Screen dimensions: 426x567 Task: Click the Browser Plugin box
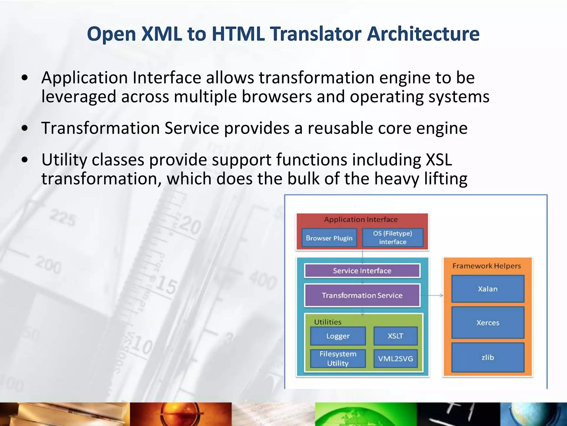(329, 238)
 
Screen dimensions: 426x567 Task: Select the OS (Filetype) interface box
(393, 238)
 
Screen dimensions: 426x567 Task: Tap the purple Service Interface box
(362, 271)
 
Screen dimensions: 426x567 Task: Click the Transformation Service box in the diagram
(362, 295)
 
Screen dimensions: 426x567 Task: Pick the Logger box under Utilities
(338, 336)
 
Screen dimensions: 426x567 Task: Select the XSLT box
(395, 336)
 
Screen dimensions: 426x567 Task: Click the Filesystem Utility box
(338, 359)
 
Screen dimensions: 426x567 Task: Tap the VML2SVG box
(395, 359)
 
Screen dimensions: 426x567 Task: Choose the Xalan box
(488, 289)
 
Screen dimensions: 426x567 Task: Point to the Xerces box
(488, 323)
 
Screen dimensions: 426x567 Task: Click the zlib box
(488, 357)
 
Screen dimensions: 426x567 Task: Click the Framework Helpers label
(487, 266)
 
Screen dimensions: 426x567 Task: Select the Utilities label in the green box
(328, 322)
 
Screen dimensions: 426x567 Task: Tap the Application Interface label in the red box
(361, 220)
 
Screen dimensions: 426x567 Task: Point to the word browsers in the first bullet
(277, 97)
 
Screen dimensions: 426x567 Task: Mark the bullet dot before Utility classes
(25, 160)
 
